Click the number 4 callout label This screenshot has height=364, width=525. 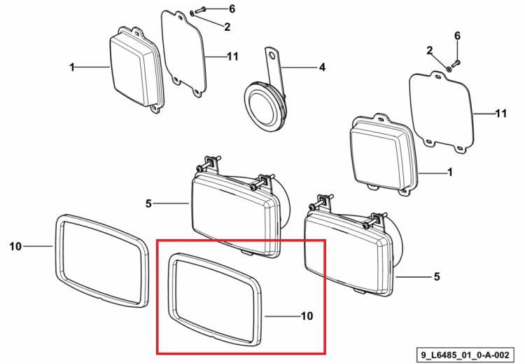point(322,67)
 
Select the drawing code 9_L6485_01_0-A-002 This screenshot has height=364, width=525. point(465,355)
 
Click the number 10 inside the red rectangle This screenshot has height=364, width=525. point(307,316)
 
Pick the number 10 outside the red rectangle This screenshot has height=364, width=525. point(15,247)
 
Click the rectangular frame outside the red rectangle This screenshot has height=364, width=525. point(101,260)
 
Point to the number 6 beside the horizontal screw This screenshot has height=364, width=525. point(232,8)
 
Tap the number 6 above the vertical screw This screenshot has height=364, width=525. point(457,36)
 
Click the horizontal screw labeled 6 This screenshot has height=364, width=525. point(199,11)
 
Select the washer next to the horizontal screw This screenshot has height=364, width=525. point(192,13)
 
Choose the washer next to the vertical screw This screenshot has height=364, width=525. point(449,69)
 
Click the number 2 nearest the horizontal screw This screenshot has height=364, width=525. point(227,27)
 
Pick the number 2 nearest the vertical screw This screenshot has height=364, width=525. point(430,50)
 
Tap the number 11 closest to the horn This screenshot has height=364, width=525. point(232,56)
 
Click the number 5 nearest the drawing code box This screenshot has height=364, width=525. point(437,277)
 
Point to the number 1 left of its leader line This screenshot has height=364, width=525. point(72,67)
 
